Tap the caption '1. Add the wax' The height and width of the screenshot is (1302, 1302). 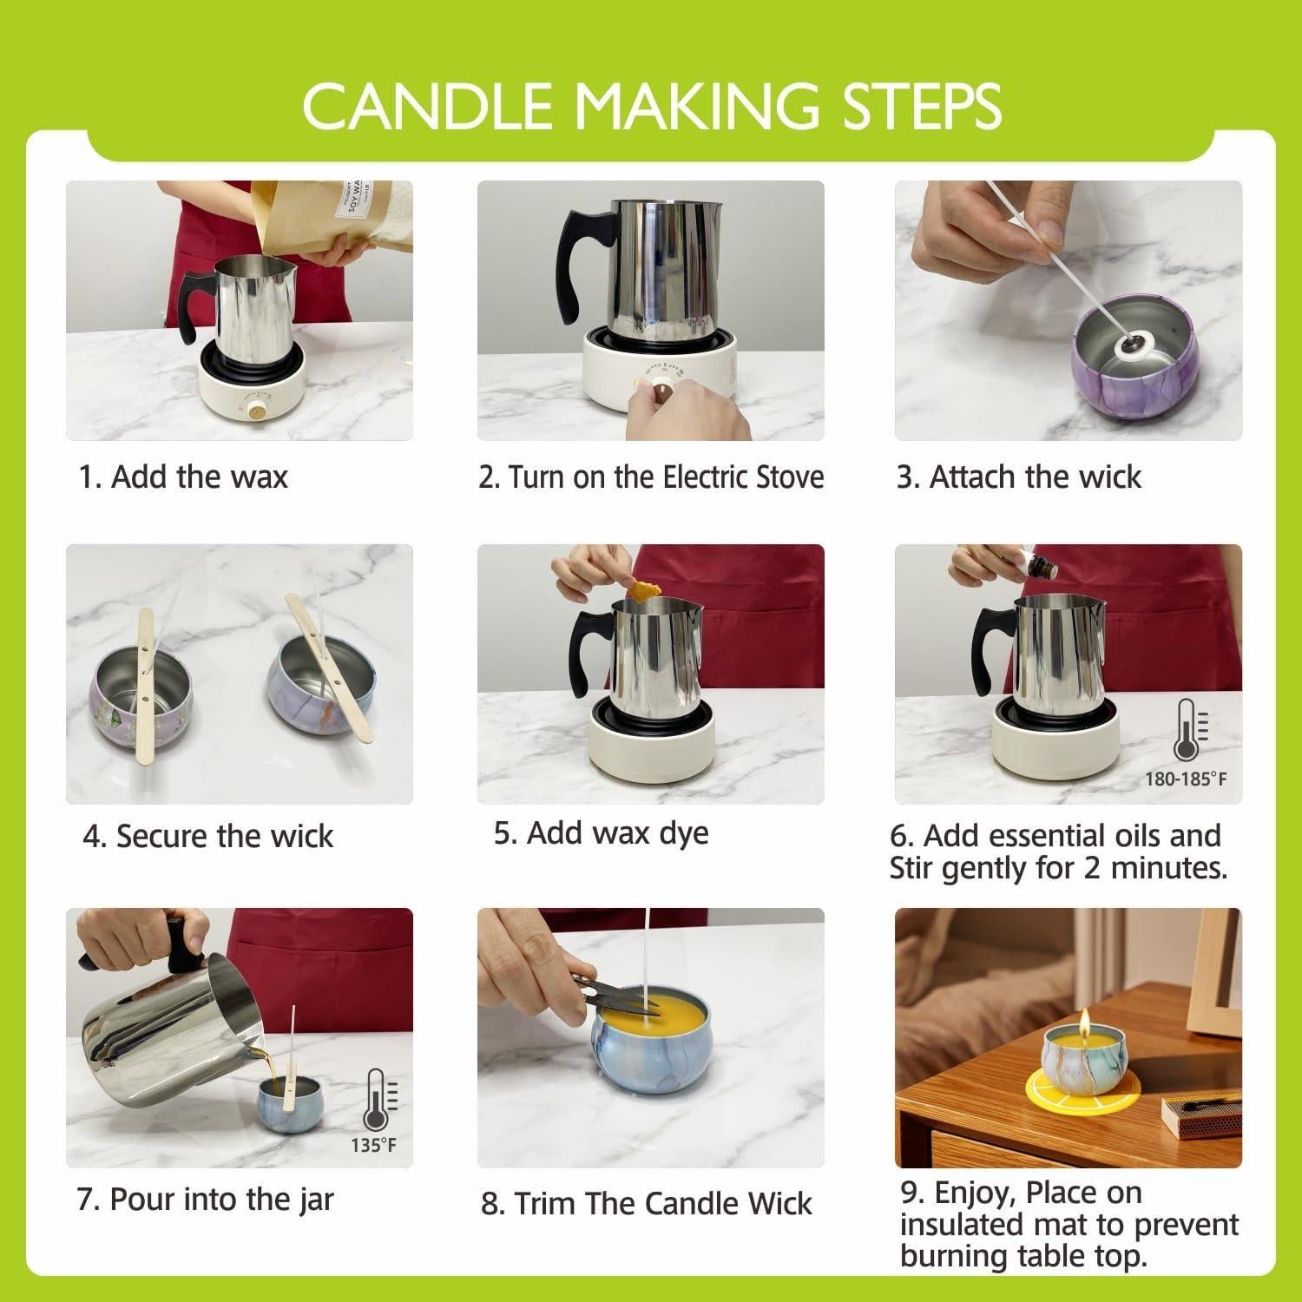183,477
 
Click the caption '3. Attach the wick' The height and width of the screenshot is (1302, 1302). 1018,477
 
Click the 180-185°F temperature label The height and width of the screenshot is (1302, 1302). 1186,779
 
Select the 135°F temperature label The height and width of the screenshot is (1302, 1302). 373,1146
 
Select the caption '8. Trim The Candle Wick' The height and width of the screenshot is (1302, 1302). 646,1203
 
